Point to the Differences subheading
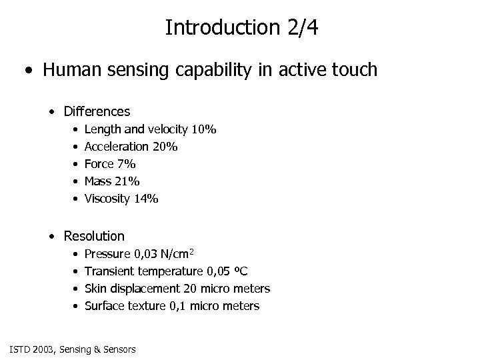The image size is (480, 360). (97, 111)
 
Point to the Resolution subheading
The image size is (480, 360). (94, 236)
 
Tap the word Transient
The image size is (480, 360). (110, 271)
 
